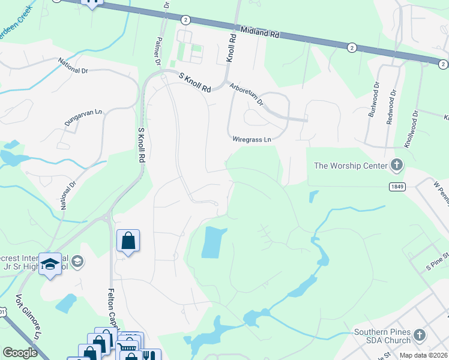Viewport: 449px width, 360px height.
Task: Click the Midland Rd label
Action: [260, 32]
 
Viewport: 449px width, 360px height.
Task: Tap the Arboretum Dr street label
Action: [246, 94]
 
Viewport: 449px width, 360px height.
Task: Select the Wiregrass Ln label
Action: [252, 139]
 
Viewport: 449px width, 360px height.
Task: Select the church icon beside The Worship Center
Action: [396, 164]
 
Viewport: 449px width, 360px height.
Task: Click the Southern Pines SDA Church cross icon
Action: [420, 335]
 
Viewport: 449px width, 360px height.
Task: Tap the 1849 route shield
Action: [396, 187]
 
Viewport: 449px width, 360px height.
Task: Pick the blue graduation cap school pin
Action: [50, 263]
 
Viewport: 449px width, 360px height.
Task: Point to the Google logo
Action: [20, 353]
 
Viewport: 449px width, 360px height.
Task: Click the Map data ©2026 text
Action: [424, 355]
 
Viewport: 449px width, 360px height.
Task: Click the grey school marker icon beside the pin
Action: [77, 261]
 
